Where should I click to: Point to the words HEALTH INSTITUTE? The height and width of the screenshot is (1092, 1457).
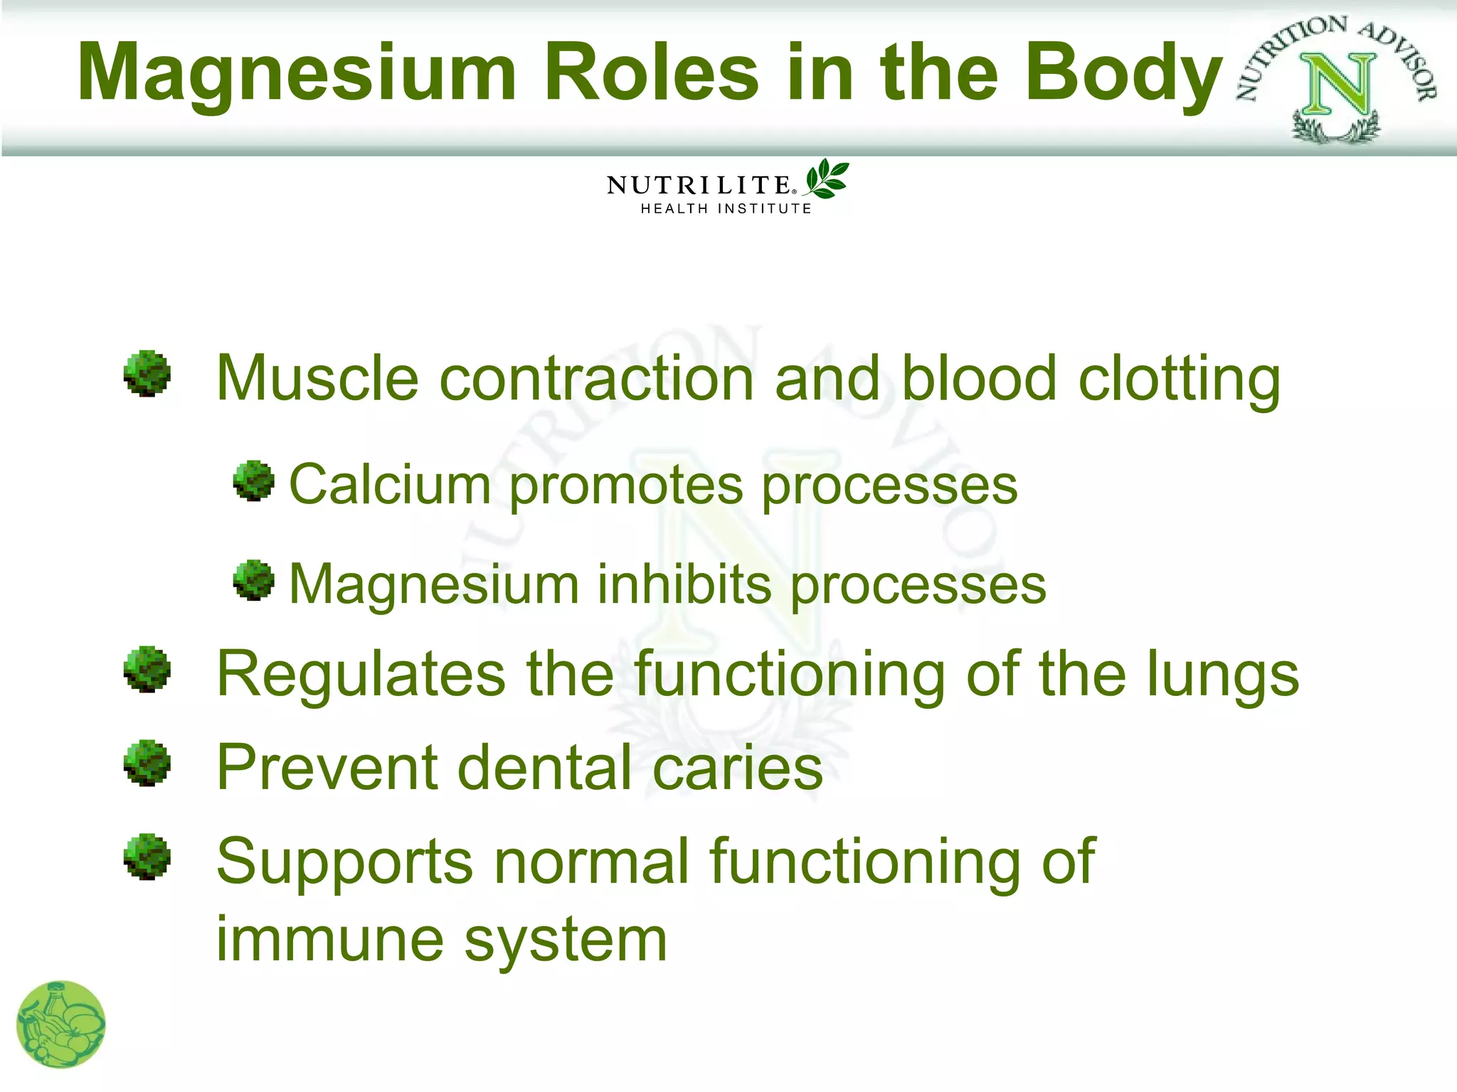[726, 209]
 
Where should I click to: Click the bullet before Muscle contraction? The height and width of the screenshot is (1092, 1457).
[147, 373]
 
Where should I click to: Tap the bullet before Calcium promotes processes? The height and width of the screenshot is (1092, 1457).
[254, 481]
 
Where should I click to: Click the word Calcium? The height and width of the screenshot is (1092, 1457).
[390, 485]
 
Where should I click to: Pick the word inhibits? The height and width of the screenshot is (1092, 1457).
[684, 584]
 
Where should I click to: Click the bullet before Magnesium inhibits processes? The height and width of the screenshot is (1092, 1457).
[254, 580]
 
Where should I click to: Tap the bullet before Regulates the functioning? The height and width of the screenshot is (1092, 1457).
[147, 669]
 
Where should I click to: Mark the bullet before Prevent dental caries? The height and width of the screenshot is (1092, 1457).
[147, 763]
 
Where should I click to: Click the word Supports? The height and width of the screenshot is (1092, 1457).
[344, 862]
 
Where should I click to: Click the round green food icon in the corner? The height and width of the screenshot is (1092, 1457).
[61, 1024]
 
